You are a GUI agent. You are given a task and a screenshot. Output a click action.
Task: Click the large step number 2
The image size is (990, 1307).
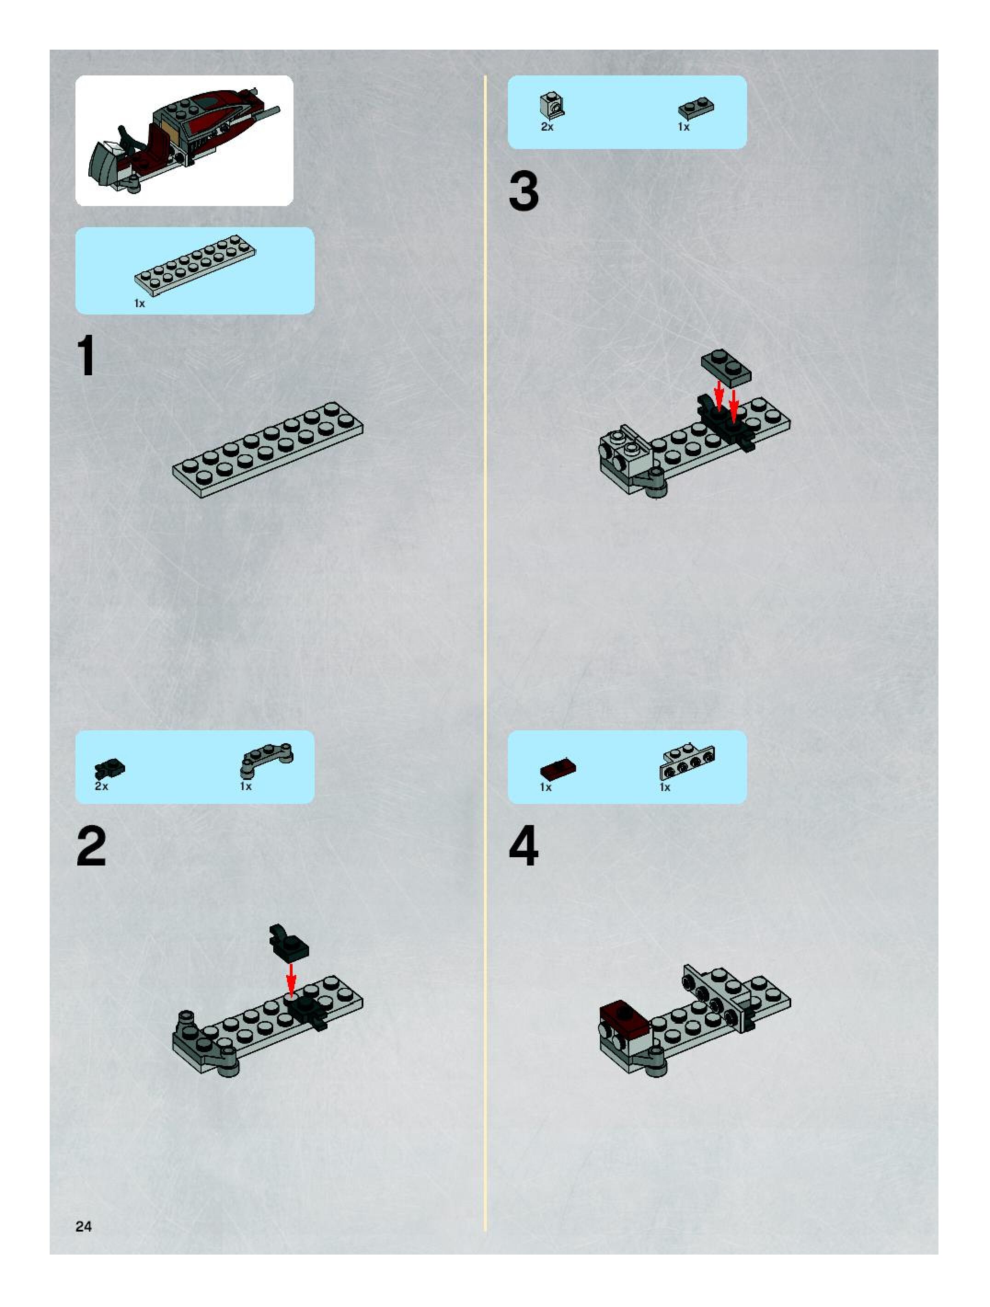click(91, 846)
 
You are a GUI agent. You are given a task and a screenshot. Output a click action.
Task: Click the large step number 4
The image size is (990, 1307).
click(524, 846)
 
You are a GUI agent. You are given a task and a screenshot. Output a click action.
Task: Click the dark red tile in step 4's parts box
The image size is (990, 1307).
click(558, 769)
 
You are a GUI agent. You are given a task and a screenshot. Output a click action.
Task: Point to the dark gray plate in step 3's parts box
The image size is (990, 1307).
click(696, 108)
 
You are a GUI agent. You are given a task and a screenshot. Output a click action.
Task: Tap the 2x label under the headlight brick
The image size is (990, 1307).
click(547, 127)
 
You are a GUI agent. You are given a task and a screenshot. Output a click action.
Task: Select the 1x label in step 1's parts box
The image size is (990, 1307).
click(139, 304)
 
